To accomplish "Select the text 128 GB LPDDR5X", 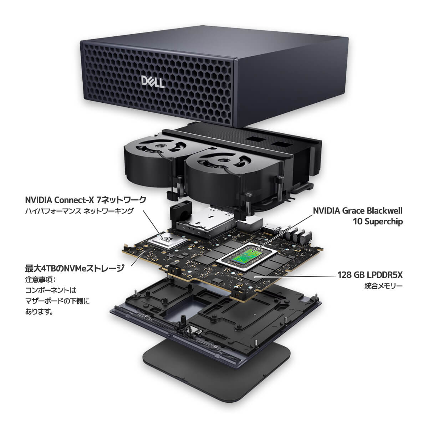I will (x=370, y=275).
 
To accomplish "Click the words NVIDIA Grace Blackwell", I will (x=357, y=211).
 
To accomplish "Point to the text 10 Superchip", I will (x=377, y=221).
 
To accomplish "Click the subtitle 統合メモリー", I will (x=383, y=286).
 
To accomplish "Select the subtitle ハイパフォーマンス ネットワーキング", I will (x=79, y=211).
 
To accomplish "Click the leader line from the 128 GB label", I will (x=296, y=276).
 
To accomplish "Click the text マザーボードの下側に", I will (x=57, y=301).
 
